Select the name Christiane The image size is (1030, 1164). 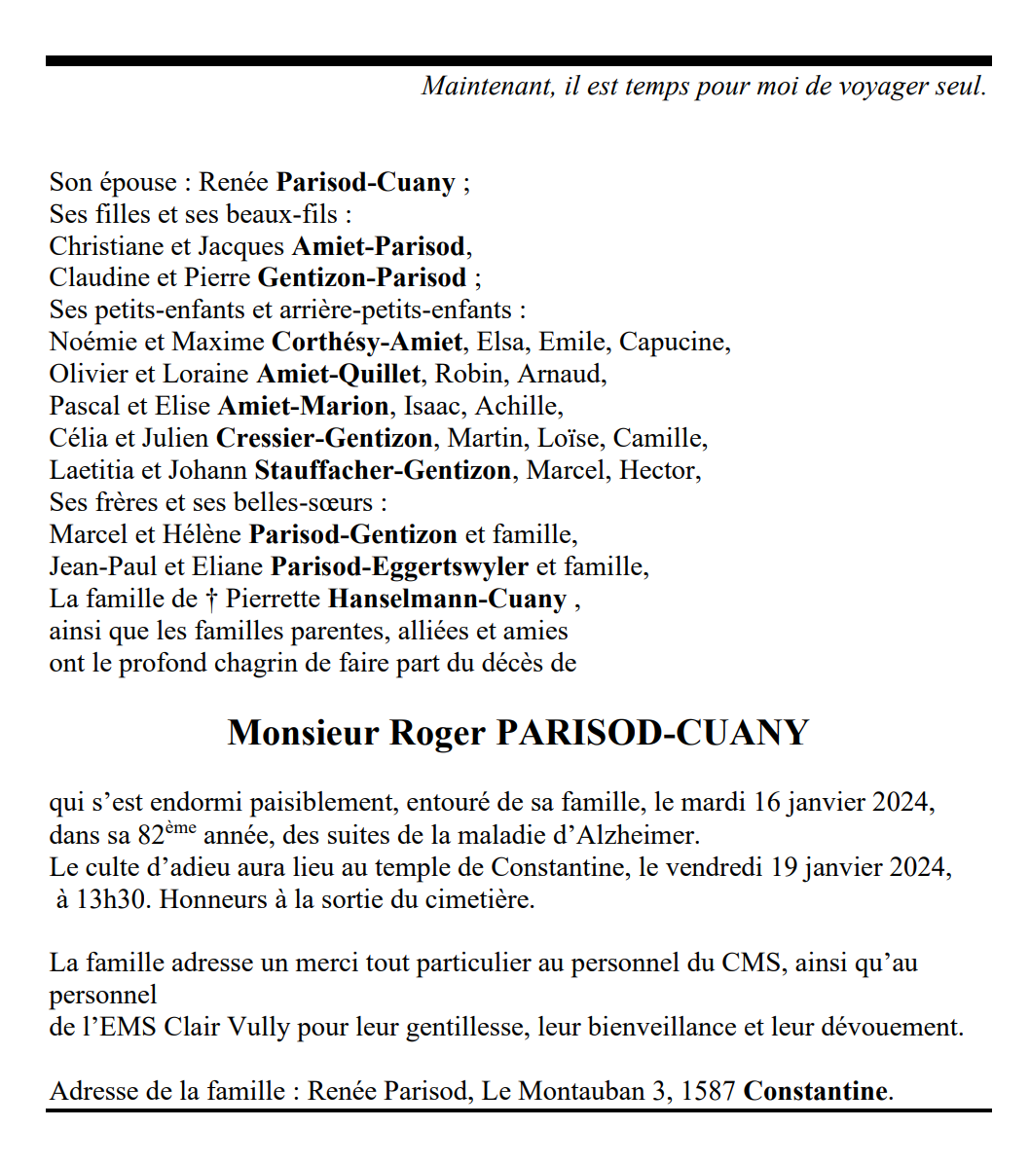pyautogui.click(x=106, y=246)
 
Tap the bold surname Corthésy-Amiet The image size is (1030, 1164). pyautogui.click(x=367, y=343)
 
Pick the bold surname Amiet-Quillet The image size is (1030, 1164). pyautogui.click(x=339, y=375)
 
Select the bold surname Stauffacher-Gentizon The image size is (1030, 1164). pyautogui.click(x=383, y=471)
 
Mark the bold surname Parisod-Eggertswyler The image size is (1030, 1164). pyautogui.click(x=399, y=567)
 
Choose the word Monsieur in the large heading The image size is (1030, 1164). pyautogui.click(x=303, y=733)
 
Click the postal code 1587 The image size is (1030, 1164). pyautogui.click(x=707, y=1092)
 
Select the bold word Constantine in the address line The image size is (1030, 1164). pyautogui.click(x=816, y=1092)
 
